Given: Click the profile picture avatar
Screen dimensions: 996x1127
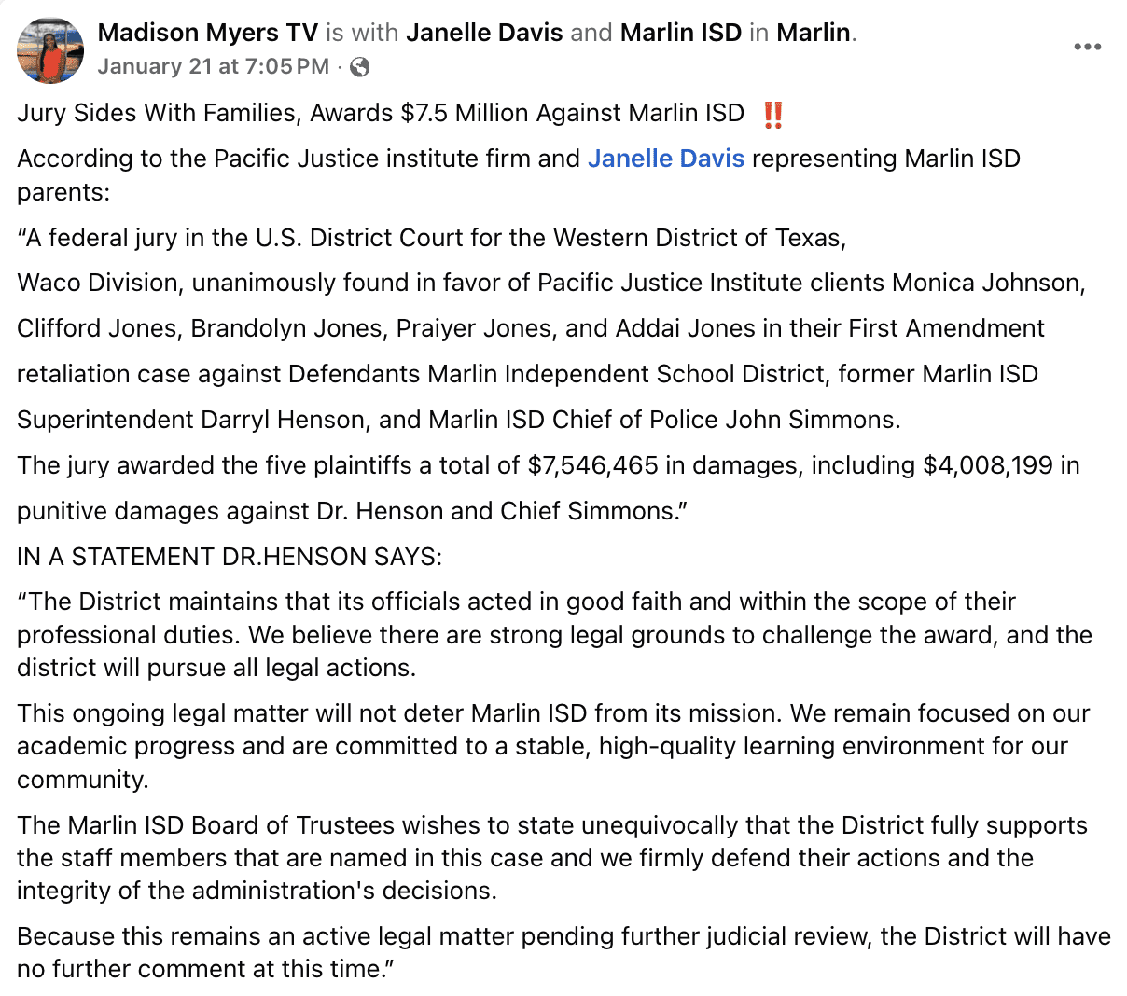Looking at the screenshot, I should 50,49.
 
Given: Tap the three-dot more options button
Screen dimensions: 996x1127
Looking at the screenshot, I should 1087,47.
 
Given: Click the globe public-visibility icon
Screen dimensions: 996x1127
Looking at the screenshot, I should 359,66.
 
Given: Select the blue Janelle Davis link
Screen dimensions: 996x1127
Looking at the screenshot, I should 665,159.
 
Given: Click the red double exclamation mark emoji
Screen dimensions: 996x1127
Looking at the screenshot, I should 772,115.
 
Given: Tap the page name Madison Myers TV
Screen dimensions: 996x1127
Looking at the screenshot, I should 208,33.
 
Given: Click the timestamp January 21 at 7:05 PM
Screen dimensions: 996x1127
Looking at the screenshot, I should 213,66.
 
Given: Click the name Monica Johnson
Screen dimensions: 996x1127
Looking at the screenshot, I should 988,283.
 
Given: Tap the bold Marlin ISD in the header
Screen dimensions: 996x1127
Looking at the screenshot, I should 680,33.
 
